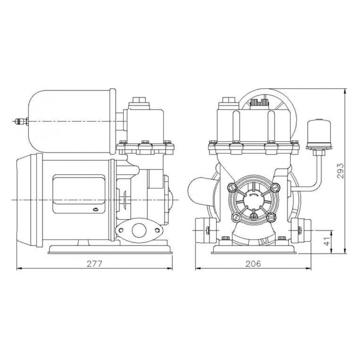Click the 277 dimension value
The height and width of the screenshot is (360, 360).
pyautogui.click(x=94, y=264)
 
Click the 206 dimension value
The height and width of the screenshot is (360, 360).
pyautogui.click(x=253, y=264)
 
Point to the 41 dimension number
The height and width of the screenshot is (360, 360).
pyautogui.click(x=328, y=240)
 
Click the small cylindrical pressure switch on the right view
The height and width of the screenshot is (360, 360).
pyautogui.click(x=319, y=133)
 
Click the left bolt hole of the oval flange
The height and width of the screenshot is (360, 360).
pyautogui.click(x=121, y=230)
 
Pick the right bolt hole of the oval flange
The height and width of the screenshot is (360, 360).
pyautogui.click(x=158, y=230)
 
